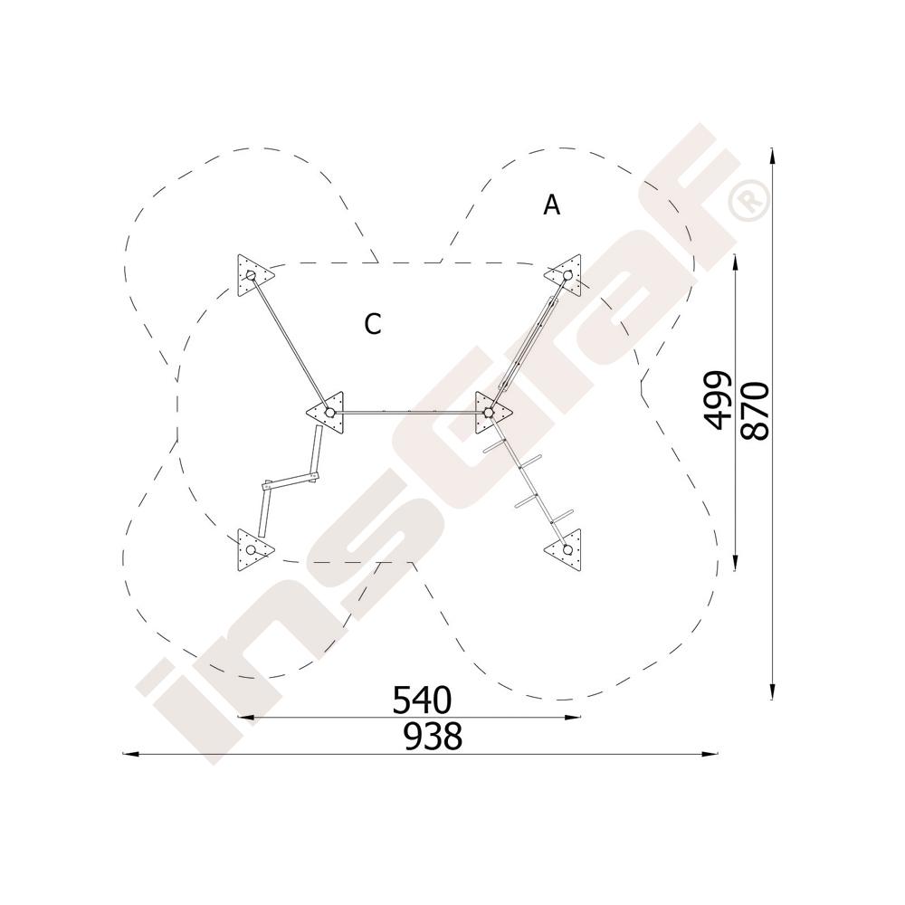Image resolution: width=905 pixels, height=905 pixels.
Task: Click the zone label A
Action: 552,205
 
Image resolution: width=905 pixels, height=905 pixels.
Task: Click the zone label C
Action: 373,324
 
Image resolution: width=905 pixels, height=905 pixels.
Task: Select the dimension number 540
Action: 422,700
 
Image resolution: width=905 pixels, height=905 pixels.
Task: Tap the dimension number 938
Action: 433,737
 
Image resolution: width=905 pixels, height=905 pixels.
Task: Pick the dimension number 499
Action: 719,401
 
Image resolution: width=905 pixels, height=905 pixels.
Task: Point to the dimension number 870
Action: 756,411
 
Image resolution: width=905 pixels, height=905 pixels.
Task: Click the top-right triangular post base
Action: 565,275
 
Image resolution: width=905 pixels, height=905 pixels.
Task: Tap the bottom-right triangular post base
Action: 565,549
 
